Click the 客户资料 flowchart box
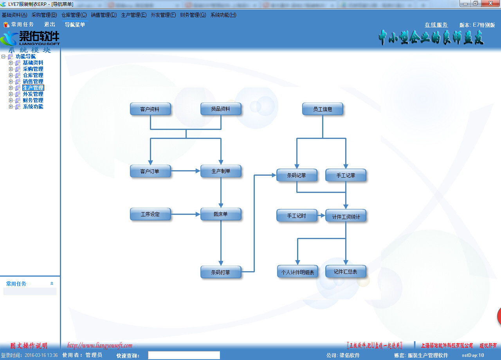click(150, 109)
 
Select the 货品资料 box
click(221, 109)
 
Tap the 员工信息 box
click(323, 109)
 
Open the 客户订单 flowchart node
click(150, 171)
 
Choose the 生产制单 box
click(221, 171)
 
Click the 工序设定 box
click(150, 214)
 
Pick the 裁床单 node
click(221, 214)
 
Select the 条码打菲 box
click(221, 272)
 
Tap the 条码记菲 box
click(296, 176)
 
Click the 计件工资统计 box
click(346, 216)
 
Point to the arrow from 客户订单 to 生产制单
click(186, 171)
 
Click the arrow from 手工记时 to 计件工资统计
click(321, 215)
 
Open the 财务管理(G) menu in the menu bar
click(193, 15)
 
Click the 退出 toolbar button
click(50, 25)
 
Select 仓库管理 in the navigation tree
click(33, 75)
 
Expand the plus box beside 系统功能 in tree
click(11, 106)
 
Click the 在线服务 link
click(436, 25)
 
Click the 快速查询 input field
click(184, 355)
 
